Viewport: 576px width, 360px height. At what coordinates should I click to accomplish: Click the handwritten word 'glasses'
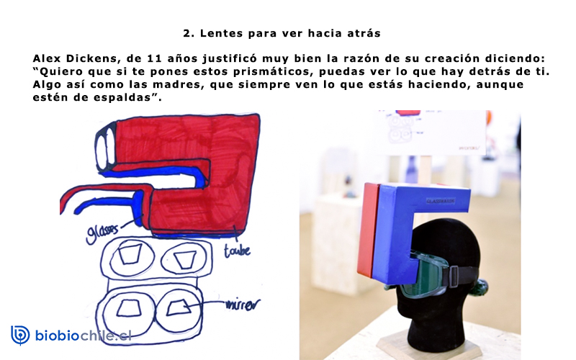point(102,233)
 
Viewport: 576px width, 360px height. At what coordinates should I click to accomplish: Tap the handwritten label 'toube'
point(237,251)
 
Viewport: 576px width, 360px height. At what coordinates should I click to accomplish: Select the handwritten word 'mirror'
point(242,305)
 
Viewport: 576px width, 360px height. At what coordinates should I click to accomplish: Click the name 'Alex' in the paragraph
point(47,58)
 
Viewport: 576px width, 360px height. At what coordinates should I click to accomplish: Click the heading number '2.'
point(189,33)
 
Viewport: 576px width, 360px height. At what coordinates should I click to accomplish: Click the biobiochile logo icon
point(20,335)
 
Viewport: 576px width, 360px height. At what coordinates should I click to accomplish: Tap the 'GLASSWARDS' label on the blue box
point(441,202)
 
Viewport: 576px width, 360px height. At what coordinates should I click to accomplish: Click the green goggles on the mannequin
point(423,274)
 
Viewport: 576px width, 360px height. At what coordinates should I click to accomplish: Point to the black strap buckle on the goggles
point(454,276)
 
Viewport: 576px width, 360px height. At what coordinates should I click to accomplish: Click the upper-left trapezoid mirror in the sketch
point(130,253)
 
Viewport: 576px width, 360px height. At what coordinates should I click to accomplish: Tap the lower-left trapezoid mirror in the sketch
point(129,308)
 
